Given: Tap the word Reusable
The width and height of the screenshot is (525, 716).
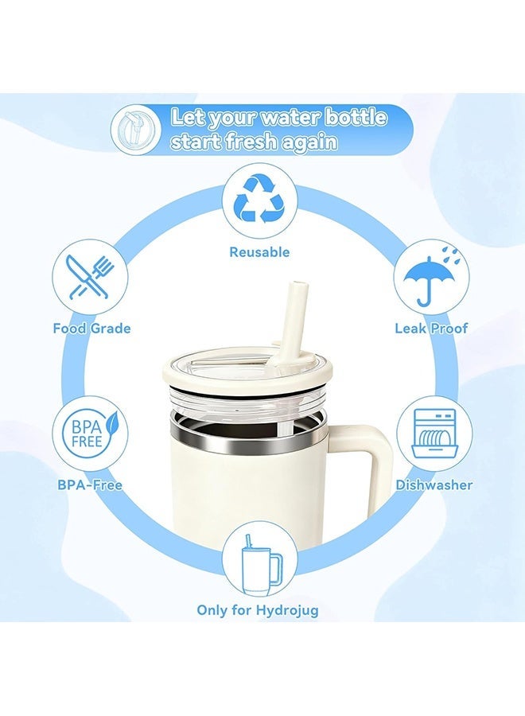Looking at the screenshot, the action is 259,252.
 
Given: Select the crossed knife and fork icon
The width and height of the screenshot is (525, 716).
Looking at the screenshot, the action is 90,278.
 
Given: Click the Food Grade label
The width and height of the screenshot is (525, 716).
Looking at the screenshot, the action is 91,329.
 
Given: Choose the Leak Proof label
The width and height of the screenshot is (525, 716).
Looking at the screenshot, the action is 431,329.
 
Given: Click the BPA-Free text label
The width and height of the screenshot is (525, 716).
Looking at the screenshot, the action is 90,484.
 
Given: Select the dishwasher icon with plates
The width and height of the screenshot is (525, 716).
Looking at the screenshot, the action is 434,433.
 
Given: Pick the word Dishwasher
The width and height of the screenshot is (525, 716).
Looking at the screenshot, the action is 434,484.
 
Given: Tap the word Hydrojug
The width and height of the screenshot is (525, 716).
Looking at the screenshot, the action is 287,610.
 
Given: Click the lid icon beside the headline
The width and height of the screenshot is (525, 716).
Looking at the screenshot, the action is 136,129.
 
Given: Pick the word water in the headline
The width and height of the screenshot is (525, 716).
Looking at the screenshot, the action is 290,119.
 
